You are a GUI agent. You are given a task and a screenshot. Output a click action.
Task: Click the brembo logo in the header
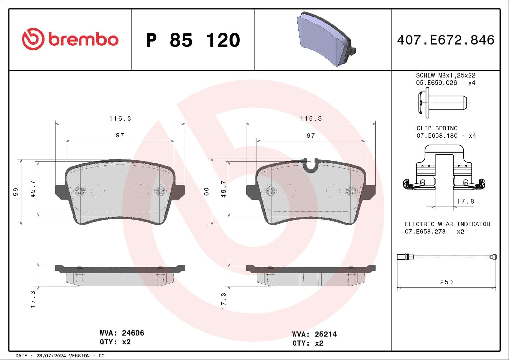tap(70, 39)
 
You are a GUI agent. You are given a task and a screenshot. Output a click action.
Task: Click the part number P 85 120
tap(193, 40)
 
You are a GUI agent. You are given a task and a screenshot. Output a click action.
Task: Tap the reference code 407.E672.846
tap(445, 40)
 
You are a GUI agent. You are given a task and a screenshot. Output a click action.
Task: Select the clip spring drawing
tap(444, 169)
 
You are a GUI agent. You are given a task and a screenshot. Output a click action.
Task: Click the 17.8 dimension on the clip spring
tap(465, 201)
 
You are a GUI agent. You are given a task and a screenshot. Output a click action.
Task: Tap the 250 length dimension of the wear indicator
tap(446, 282)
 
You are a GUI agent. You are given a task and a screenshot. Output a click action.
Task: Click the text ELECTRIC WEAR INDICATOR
tap(447, 224)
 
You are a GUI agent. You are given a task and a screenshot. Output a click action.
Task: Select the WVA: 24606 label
tap(122, 333)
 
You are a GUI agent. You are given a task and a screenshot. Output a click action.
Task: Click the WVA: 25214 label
tap(314, 334)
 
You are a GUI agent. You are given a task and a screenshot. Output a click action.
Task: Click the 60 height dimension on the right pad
tap(206, 191)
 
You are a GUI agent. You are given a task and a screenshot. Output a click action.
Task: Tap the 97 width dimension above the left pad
tap(120, 135)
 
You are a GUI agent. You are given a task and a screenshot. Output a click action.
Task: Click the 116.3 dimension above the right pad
tap(311, 118)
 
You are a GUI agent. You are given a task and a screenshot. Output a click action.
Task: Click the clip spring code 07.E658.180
tap(437, 136)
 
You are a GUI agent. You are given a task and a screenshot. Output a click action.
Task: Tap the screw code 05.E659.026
tap(436, 83)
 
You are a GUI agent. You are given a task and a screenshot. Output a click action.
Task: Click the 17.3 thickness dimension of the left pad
tap(33, 299)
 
